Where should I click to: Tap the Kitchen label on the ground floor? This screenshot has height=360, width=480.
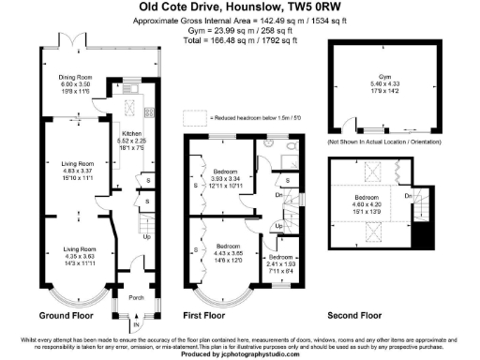pyautogui.click(x=130, y=133)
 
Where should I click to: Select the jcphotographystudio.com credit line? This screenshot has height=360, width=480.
pyautogui.click(x=239, y=352)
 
